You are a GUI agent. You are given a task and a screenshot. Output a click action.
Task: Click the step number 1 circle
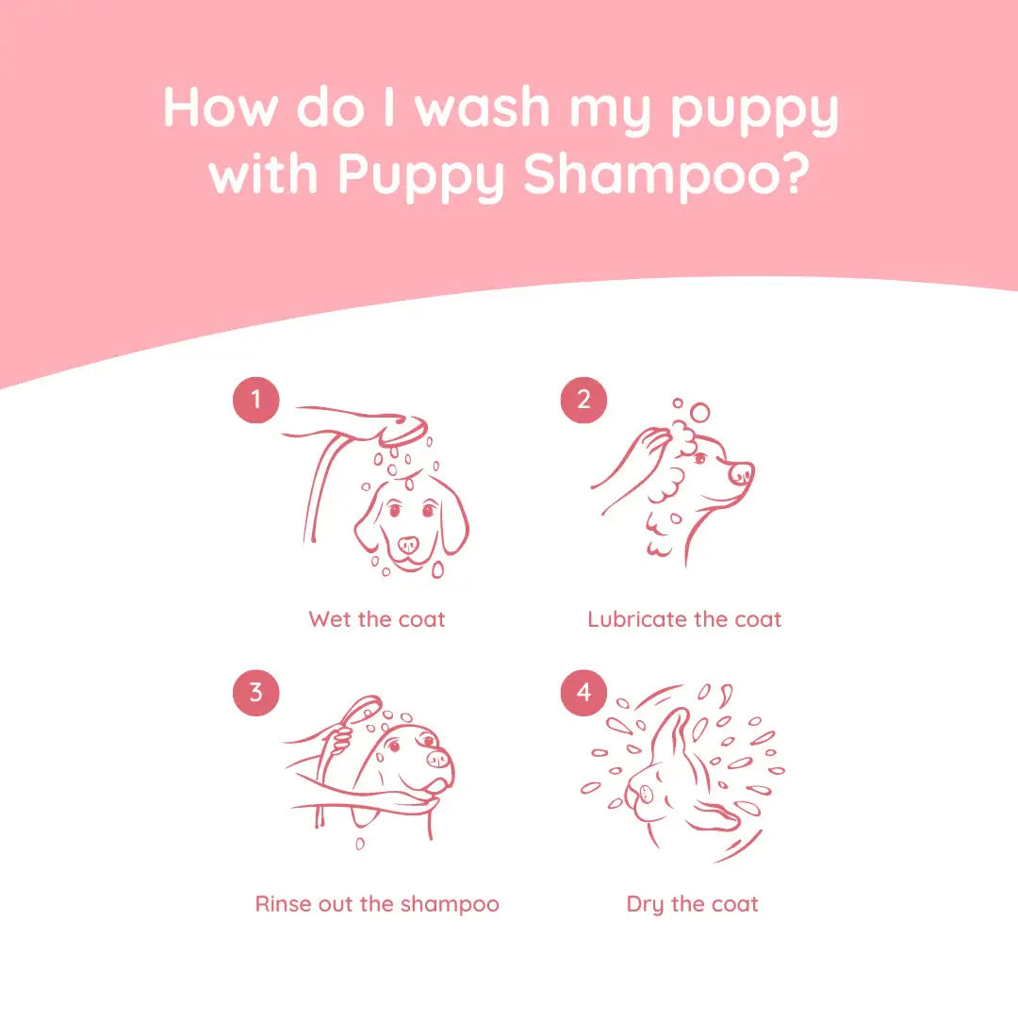tap(255, 401)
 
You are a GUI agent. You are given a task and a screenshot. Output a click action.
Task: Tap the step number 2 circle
tap(583, 401)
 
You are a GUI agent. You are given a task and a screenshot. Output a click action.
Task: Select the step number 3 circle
tap(255, 693)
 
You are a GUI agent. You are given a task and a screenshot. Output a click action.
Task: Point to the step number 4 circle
tap(583, 693)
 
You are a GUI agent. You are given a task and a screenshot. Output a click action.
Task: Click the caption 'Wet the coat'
tap(376, 619)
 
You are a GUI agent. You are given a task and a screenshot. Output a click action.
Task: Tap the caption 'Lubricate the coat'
tap(684, 619)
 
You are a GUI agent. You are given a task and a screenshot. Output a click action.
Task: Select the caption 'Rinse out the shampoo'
tap(377, 904)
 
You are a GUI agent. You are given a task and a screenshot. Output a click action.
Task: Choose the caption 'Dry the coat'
tap(692, 904)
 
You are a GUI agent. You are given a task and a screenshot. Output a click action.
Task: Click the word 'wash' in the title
tap(484, 107)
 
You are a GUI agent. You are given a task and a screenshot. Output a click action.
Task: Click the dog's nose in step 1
tap(408, 545)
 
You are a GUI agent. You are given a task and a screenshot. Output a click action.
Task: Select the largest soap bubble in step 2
tap(699, 412)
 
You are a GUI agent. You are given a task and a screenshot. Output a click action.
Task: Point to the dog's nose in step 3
tap(438, 757)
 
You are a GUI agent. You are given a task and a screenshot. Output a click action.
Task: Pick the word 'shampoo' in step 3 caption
tap(450, 904)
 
